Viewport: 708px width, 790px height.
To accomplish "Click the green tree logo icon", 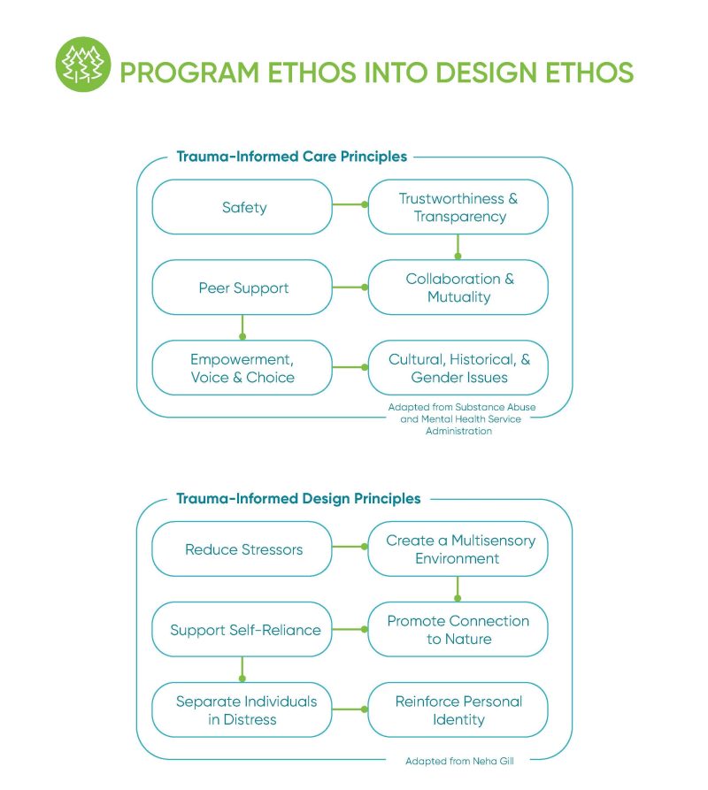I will (82, 65).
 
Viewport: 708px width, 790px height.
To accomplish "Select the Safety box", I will (243, 208).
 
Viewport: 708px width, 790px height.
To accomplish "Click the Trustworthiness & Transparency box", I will (458, 208).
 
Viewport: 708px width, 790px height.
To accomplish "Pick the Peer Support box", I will (243, 288).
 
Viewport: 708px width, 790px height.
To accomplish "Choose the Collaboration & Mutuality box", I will (458, 288).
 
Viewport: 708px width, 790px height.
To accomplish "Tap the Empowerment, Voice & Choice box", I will (243, 368).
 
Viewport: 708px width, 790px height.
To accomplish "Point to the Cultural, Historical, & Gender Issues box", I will (458, 368).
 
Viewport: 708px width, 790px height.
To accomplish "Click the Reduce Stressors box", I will (243, 549).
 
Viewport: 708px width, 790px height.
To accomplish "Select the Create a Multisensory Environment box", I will (458, 549).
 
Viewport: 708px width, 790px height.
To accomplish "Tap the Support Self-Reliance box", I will (243, 631).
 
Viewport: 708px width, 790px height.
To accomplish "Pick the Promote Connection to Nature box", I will (458, 631).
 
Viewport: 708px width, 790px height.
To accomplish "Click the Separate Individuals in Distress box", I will (243, 710).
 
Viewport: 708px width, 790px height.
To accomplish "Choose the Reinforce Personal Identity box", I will (458, 710).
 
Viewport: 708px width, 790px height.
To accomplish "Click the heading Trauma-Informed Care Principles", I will (291, 157).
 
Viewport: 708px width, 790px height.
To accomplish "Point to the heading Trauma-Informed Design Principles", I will (298, 499).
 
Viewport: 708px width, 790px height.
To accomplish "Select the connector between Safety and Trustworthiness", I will (350, 205).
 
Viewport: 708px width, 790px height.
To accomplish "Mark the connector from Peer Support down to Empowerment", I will (242, 326).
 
